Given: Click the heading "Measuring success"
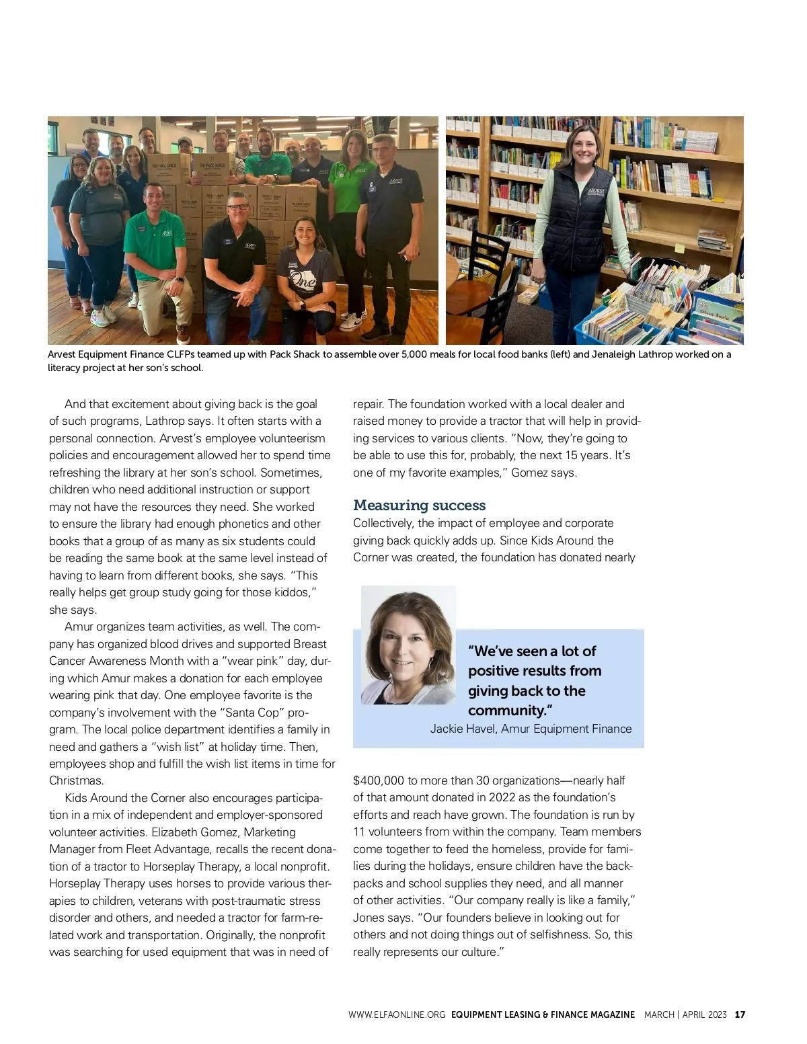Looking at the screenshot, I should tap(419, 506).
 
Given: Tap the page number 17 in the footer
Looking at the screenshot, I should tap(740, 1014).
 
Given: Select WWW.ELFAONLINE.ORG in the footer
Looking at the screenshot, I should tap(397, 1014).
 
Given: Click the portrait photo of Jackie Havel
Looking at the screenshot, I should tap(408, 645).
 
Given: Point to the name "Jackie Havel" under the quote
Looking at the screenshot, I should tap(462, 729).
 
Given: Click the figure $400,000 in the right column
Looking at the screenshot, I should tap(379, 780).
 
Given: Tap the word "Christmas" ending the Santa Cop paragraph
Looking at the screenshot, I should tap(76, 780).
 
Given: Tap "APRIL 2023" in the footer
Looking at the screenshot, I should tap(704, 1014).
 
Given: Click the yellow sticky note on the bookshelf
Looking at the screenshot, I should tap(680, 249).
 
